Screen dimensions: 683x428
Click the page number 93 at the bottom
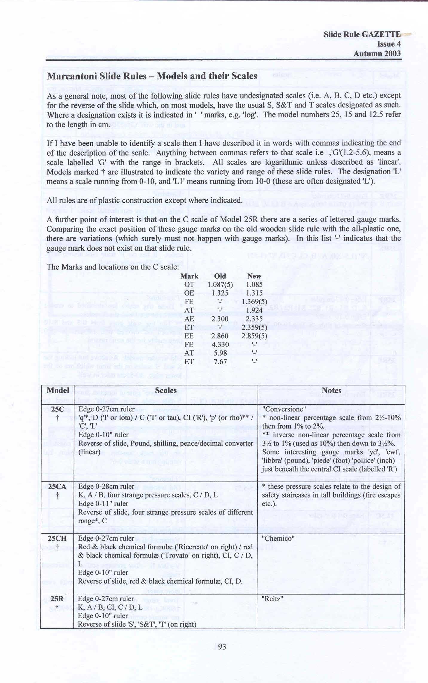(x=222, y=647)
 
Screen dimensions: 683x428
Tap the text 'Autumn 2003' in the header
(x=377, y=53)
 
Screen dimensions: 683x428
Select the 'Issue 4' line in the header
(x=389, y=44)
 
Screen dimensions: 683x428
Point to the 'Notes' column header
(x=331, y=390)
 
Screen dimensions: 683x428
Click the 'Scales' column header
(x=166, y=390)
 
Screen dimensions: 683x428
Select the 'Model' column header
(x=58, y=390)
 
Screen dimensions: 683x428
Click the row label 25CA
(x=57, y=486)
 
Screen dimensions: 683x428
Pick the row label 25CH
(x=57, y=538)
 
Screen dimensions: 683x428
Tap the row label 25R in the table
(x=57, y=598)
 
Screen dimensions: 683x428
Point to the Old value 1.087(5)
(x=220, y=284)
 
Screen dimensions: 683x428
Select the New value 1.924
(x=254, y=310)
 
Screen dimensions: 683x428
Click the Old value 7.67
(x=220, y=362)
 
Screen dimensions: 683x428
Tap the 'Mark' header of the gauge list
(x=189, y=276)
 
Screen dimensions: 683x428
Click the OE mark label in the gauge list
(x=189, y=293)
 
